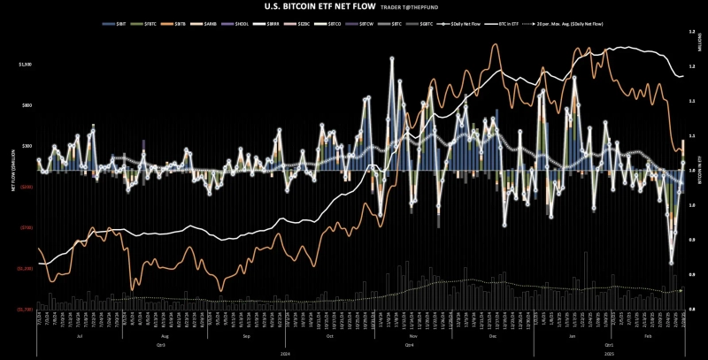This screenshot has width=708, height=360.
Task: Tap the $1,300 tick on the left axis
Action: tap(25, 65)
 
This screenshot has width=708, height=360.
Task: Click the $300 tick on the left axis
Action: tap(27, 146)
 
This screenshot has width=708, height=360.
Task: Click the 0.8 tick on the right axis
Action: tap(691, 309)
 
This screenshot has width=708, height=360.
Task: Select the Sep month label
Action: tap(245, 337)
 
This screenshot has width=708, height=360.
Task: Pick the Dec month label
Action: tap(492, 337)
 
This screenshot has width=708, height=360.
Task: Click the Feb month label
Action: tap(650, 337)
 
